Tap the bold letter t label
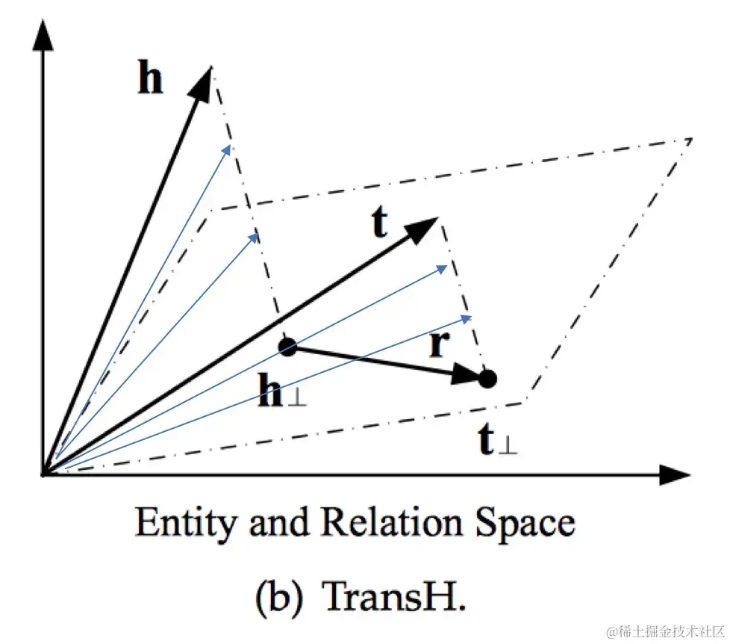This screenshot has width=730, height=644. coord(380,223)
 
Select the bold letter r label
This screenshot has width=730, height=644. coord(440,344)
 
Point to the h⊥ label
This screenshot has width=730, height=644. coord(281,393)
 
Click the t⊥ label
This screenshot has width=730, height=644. coord(498,442)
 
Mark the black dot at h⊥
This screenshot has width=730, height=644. coord(287,346)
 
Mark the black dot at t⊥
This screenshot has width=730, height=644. coord(487,379)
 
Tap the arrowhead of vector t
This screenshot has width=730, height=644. coord(425,226)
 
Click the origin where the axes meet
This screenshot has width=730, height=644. coord(44,474)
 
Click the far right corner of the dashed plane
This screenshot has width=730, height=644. coord(691,138)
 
